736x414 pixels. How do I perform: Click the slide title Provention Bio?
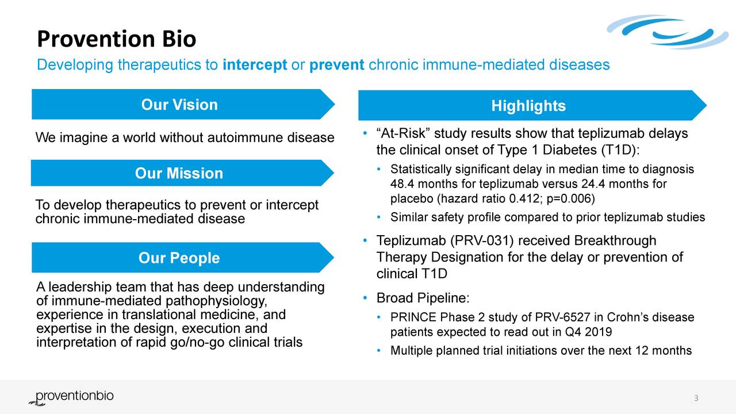[116, 40]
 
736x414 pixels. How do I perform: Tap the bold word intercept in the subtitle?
[254, 65]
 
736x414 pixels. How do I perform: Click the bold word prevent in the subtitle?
[336, 65]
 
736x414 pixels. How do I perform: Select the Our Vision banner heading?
[179, 105]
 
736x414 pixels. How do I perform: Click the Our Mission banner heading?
[179, 174]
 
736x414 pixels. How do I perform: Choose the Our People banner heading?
[179, 258]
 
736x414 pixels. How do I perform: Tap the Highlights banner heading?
[528, 106]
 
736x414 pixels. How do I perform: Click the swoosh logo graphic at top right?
[667, 32]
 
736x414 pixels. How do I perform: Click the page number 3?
[696, 399]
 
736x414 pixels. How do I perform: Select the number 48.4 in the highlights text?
[401, 185]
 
